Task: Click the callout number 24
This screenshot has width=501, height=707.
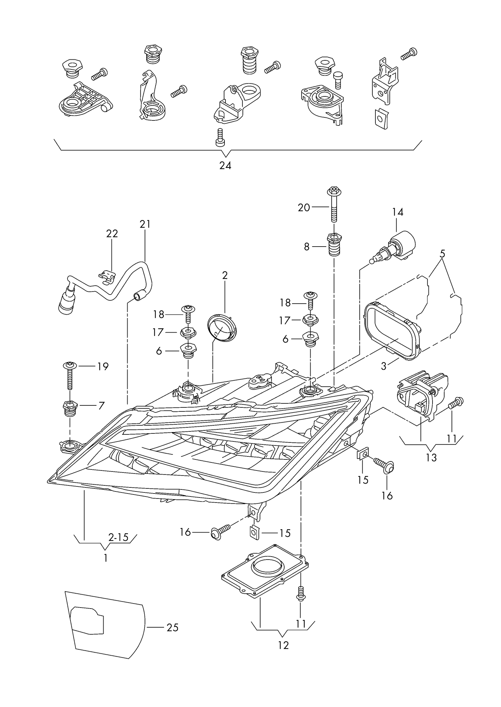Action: [x=225, y=165]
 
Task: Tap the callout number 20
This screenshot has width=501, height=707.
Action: [x=304, y=208]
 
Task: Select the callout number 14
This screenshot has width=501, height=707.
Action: [x=397, y=212]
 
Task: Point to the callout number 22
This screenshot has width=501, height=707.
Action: [x=112, y=234]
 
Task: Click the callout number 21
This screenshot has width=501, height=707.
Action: [x=145, y=224]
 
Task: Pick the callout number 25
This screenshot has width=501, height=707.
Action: [x=172, y=627]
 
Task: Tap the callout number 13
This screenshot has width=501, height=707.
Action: [x=431, y=457]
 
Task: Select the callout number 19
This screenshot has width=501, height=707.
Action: [x=103, y=366]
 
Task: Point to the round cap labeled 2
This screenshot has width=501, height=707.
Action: [x=222, y=327]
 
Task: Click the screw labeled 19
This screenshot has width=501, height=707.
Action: [x=70, y=377]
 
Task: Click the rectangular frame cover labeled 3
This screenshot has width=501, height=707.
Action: [x=391, y=330]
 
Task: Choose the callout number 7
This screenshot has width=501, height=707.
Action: [x=101, y=406]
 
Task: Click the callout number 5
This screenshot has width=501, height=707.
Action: [x=442, y=254]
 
